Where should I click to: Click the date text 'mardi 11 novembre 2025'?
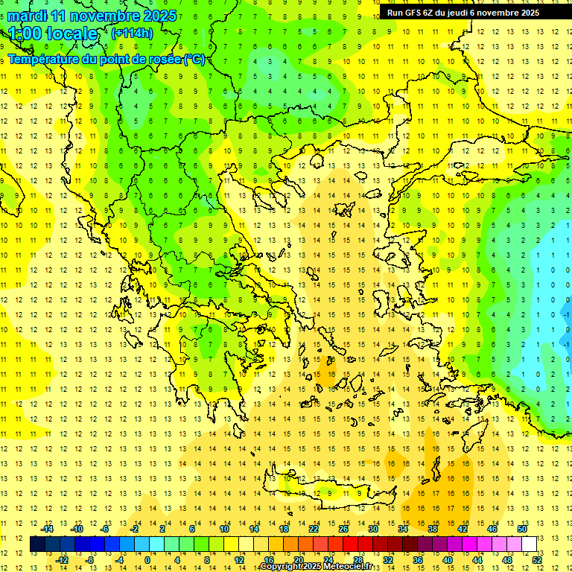pyautogui.click(x=92, y=16)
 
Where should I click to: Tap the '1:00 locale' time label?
pyautogui.click(x=53, y=34)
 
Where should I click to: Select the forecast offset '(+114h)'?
pyautogui.click(x=132, y=33)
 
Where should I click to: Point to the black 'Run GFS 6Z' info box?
pyautogui.click(x=468, y=12)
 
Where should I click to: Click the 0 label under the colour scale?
pyautogui.click(x=147, y=559)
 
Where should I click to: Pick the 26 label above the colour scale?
pyautogui.click(x=343, y=529)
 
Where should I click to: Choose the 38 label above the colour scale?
pyautogui.click(x=433, y=529)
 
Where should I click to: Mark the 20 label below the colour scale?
pyautogui.click(x=299, y=559)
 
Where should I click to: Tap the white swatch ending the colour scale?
pyautogui.click(x=530, y=544)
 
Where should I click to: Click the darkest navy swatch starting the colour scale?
pyautogui.click(x=38, y=544)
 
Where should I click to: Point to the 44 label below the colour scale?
pyautogui.click(x=477, y=559)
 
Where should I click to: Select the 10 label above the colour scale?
pyautogui.click(x=224, y=529)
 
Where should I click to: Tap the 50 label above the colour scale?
pyautogui.click(x=521, y=529)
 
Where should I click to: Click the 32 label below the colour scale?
pyautogui.click(x=388, y=559)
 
